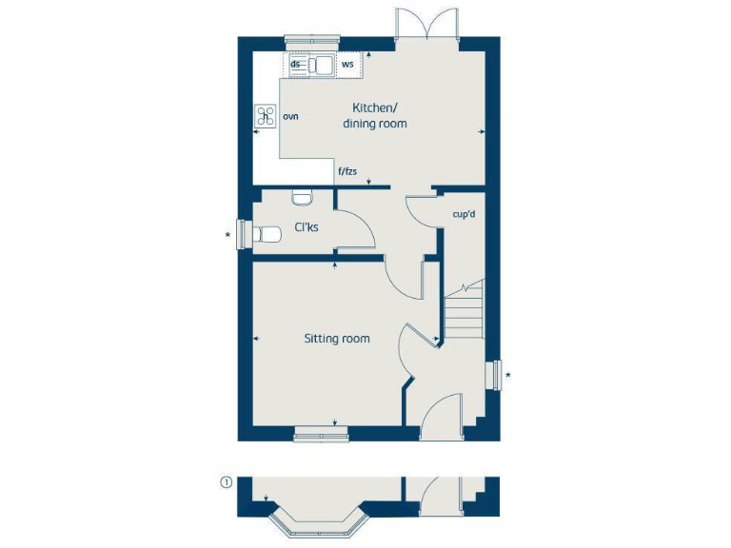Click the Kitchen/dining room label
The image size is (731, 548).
pyautogui.click(x=380, y=115)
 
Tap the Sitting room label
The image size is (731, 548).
pyautogui.click(x=337, y=339)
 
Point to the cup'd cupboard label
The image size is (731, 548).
pyautogui.click(x=464, y=214)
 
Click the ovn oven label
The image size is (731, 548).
pyautogui.click(x=290, y=116)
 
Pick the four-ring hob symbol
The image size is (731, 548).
pyautogui.click(x=266, y=117)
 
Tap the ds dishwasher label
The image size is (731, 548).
pyautogui.click(x=296, y=64)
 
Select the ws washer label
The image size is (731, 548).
pyautogui.click(x=347, y=65)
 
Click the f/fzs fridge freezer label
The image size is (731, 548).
pyautogui.click(x=348, y=171)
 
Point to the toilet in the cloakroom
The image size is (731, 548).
pyautogui.click(x=267, y=233)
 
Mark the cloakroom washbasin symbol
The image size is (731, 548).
pyautogui.click(x=303, y=198)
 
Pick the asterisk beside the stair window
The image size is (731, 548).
pyautogui.click(x=508, y=376)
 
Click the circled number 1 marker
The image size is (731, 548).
pyautogui.click(x=226, y=482)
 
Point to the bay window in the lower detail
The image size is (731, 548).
pyautogui.click(x=319, y=523)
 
